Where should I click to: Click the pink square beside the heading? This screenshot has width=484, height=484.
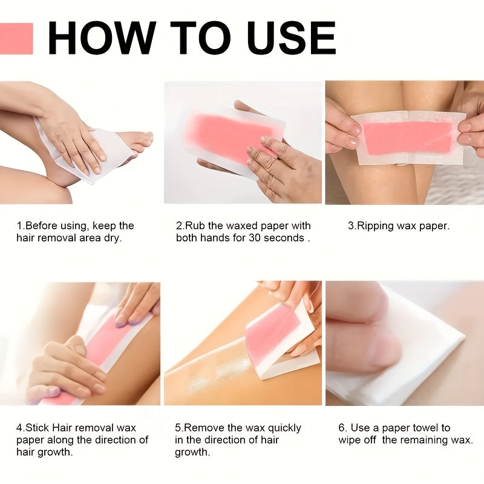click(x=16, y=39)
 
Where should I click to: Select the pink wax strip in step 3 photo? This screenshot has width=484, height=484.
click(x=409, y=137)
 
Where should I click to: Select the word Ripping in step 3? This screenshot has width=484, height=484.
click(x=376, y=226)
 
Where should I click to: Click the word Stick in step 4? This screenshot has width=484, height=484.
click(x=38, y=428)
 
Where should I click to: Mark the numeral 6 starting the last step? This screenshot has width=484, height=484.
click(x=341, y=428)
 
